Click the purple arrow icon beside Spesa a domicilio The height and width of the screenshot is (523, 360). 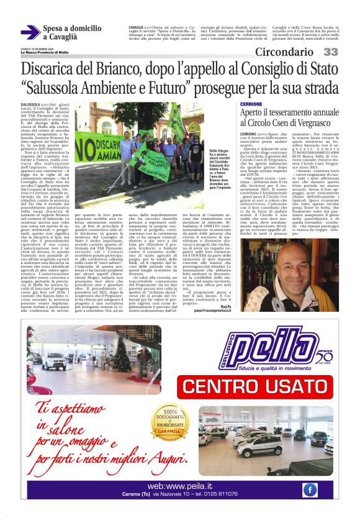pos(31,32)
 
